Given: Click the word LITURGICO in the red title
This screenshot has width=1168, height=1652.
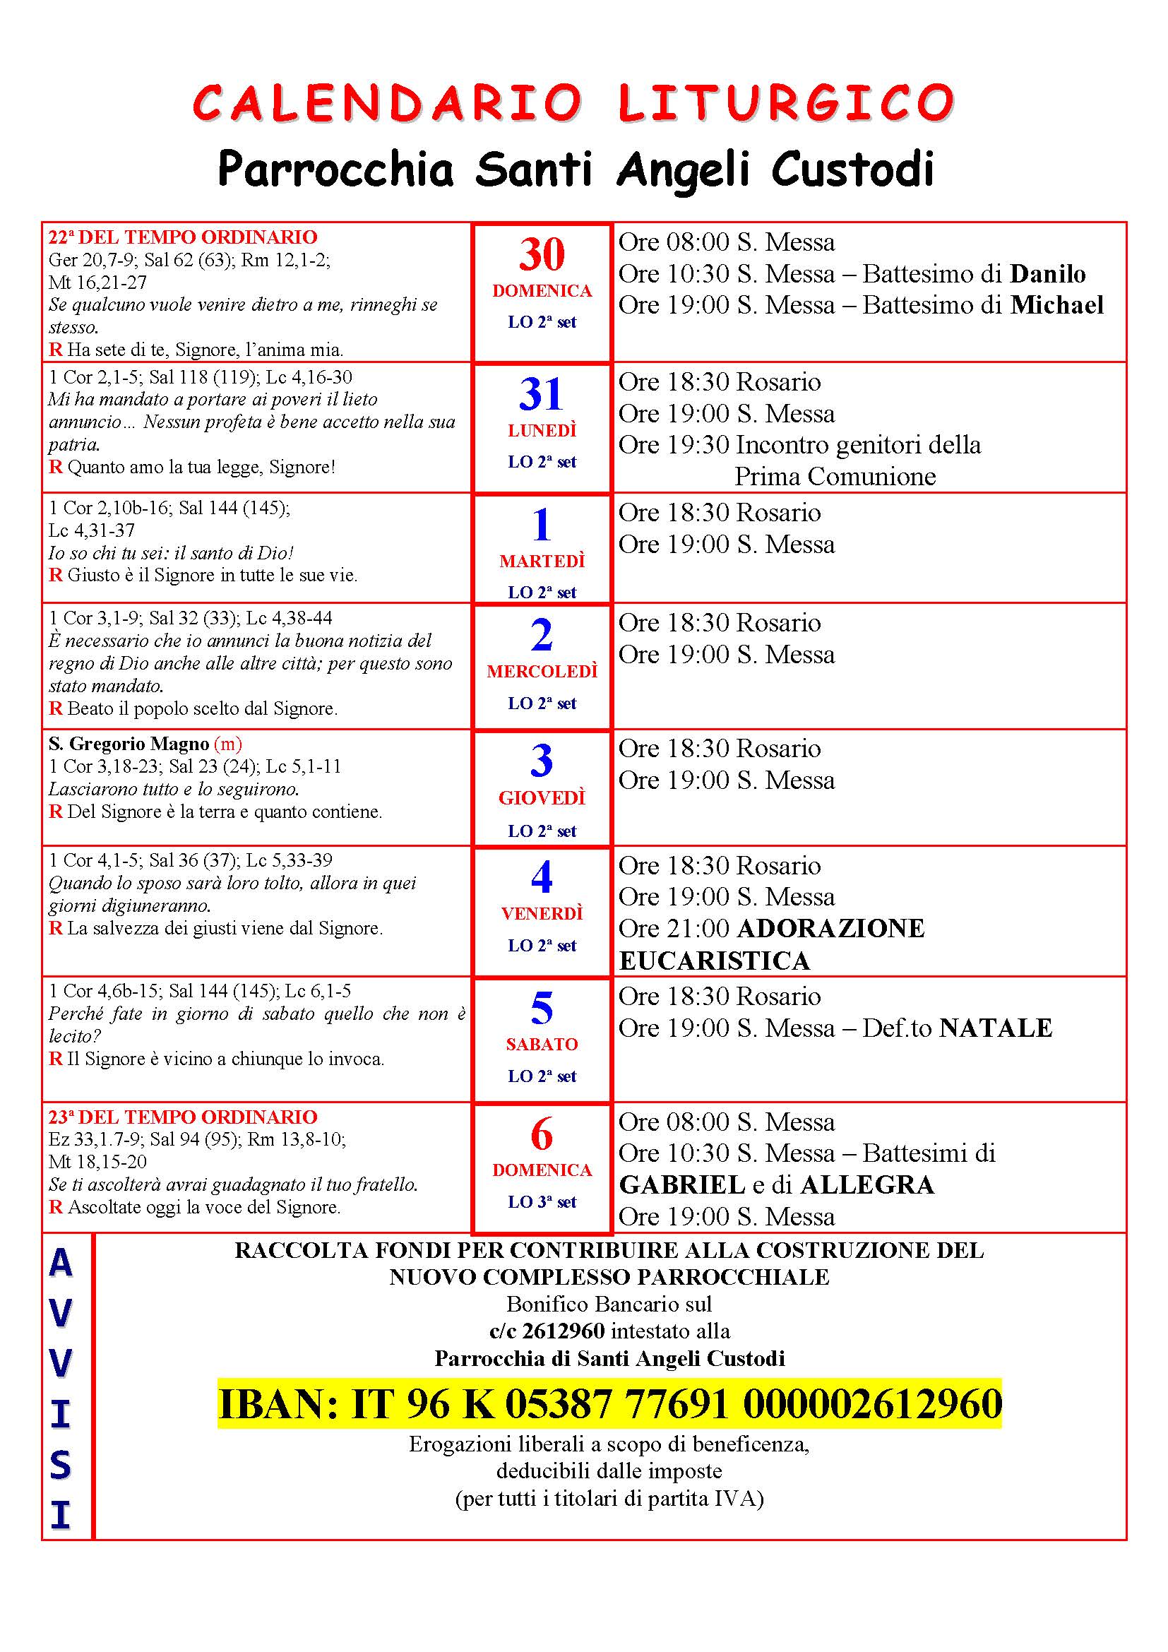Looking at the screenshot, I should [x=786, y=102].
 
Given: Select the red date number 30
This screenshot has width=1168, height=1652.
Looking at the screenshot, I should [x=542, y=254].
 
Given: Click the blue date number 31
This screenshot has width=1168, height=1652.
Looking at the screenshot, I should [x=542, y=394].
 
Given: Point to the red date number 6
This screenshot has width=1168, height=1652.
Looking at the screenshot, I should [x=542, y=1135].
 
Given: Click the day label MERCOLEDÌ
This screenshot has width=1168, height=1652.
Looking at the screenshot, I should [x=542, y=671].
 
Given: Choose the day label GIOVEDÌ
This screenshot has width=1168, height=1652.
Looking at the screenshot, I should [x=542, y=798].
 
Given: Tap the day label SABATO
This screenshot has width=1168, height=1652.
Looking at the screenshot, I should [x=542, y=1044].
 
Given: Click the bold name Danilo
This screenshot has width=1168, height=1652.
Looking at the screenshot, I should [x=1047, y=273].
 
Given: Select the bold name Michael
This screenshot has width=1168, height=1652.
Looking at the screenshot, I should [x=1056, y=305].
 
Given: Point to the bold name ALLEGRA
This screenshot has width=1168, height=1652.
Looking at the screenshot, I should [x=866, y=1185].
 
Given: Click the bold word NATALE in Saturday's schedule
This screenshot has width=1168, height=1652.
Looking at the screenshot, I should [x=996, y=1028].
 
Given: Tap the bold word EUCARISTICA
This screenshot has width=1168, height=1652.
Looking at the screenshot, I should [x=714, y=961].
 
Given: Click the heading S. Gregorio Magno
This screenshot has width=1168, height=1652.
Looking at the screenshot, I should [x=129, y=744].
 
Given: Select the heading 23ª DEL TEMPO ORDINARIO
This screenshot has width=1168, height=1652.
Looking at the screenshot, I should [x=183, y=1117].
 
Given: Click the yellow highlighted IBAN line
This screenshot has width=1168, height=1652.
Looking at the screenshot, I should [x=609, y=1404].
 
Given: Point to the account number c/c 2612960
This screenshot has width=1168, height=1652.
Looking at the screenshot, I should [x=547, y=1331].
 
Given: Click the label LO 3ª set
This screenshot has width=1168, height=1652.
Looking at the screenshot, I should [x=542, y=1202].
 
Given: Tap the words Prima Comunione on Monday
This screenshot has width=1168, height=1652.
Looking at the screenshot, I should [x=834, y=476].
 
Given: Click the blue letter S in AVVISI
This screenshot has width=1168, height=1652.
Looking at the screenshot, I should [x=61, y=1466].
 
